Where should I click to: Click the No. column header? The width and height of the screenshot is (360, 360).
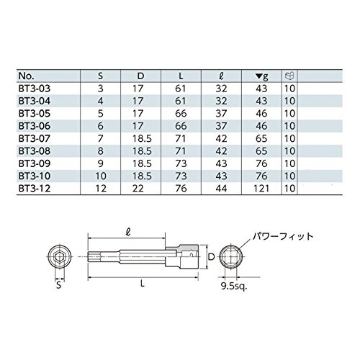(26, 76)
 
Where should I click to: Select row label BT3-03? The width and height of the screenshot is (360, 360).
(35, 89)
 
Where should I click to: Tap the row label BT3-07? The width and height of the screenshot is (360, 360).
(35, 138)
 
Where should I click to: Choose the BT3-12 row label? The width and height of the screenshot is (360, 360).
(35, 189)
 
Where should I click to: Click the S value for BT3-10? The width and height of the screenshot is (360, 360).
(101, 176)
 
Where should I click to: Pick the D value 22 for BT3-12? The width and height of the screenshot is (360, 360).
(138, 189)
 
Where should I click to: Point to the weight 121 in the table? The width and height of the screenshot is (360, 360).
(261, 189)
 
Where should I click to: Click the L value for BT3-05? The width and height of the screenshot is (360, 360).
(181, 114)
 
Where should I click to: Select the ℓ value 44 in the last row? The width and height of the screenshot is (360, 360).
(221, 189)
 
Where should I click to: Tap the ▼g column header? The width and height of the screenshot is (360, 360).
(262, 76)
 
